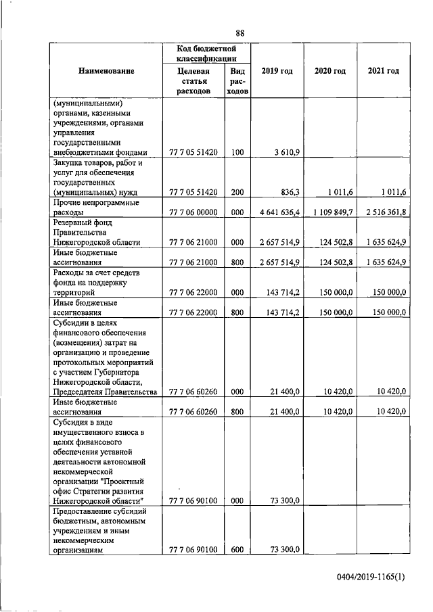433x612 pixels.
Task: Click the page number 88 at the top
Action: tap(240, 33)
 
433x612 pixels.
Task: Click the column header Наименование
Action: tap(106, 71)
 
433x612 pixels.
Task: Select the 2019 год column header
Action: tap(277, 71)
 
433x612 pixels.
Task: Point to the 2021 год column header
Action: tap(383, 71)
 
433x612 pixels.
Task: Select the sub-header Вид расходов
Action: tap(237, 80)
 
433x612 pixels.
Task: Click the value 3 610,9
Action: tap(288, 153)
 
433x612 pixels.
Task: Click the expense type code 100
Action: tap(237, 153)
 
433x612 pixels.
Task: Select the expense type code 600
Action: tap(237, 551)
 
